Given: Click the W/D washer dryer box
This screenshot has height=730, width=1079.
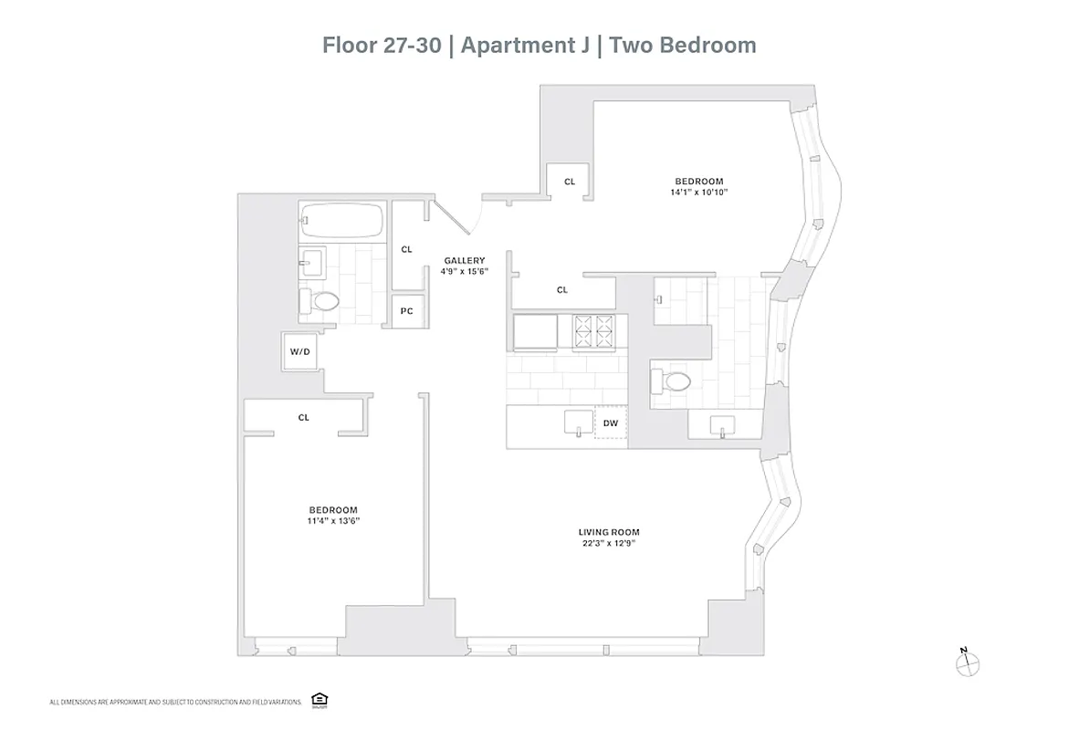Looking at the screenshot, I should tap(300, 351).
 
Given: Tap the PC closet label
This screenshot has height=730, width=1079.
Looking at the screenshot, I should tap(407, 311).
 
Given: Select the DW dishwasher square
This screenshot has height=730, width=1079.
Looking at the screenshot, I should tap(611, 422).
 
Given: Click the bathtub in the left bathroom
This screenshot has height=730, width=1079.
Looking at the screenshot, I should tap(341, 220).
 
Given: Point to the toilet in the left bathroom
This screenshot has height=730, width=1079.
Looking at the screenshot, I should tap(322, 300).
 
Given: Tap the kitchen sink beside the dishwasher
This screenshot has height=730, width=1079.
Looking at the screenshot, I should tap(578, 422).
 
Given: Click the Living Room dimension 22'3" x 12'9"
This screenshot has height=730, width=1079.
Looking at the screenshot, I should tap(608, 543).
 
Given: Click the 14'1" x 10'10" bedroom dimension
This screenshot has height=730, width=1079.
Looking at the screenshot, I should tap(699, 193).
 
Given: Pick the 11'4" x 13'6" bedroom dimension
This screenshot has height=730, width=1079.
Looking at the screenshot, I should tap(332, 521).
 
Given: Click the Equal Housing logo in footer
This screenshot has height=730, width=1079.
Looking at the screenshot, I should tap(320, 700).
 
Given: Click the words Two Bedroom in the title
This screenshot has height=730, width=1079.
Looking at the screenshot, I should tap(683, 45).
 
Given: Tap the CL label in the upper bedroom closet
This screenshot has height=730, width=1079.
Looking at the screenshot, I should tap(570, 182).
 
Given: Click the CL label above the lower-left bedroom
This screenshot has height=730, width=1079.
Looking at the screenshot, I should tap(304, 417).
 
